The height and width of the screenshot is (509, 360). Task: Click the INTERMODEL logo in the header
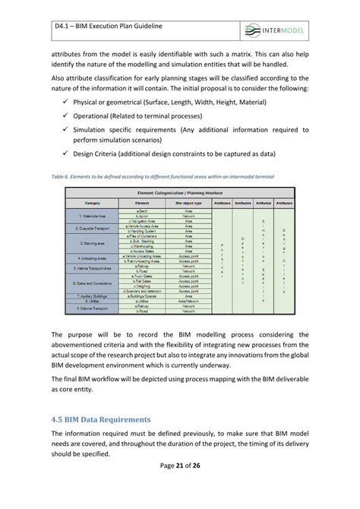click(x=290, y=30)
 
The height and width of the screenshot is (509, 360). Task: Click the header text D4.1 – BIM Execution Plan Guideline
click(x=120, y=27)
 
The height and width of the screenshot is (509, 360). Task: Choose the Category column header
click(x=93, y=204)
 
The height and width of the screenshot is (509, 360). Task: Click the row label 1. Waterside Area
click(x=93, y=214)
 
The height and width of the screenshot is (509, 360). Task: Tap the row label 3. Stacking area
click(x=93, y=243)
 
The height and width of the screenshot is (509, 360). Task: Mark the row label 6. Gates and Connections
click(x=93, y=280)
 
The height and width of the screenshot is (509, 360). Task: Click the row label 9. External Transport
click(x=93, y=308)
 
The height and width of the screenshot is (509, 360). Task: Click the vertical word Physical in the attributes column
click(x=222, y=259)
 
